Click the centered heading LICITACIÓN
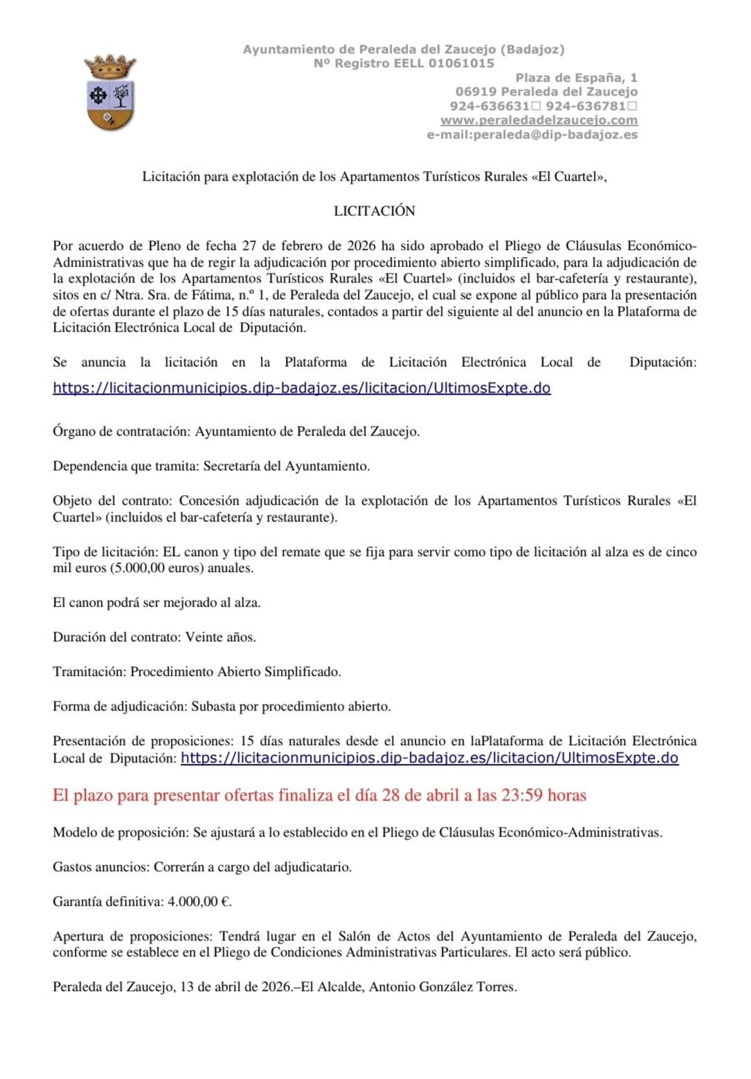pos(374,211)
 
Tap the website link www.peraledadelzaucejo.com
pos(539,120)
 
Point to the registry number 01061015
pos(461,63)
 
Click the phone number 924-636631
pos(489,106)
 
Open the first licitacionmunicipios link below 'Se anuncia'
pos(302,388)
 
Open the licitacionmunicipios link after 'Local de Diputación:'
pos(429,758)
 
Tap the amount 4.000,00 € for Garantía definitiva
pos(199,902)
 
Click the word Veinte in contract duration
pos(203,637)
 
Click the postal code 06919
pos(475,91)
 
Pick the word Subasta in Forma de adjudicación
pos(213,706)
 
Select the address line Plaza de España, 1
pos(576,78)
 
